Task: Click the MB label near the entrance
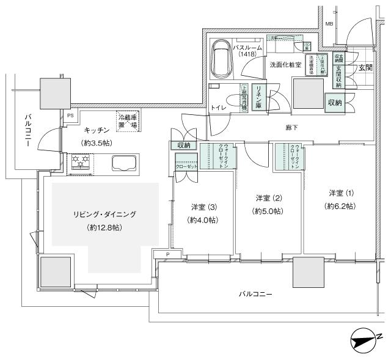[x=329, y=24]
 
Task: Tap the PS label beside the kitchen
[x=70, y=114]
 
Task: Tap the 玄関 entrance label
[x=365, y=68]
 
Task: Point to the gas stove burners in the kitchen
[x=81, y=161]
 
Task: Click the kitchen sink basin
[x=125, y=163]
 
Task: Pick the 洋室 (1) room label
[x=340, y=193]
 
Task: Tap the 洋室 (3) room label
[x=202, y=207]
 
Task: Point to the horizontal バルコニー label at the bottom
[x=255, y=295]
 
